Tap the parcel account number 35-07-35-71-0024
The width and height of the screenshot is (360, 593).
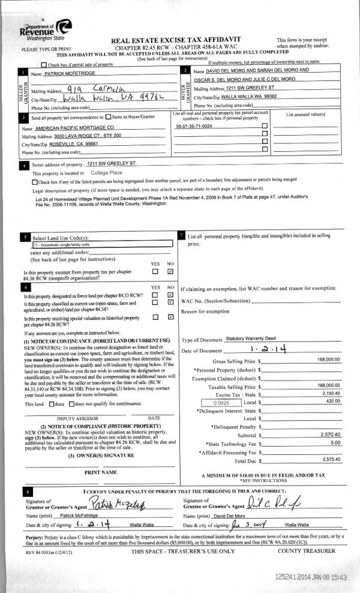click(193, 127)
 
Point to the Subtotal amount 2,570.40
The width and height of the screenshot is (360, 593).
click(331, 435)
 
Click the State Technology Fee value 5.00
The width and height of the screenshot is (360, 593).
click(335, 443)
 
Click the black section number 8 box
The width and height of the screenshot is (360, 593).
click(23, 492)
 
